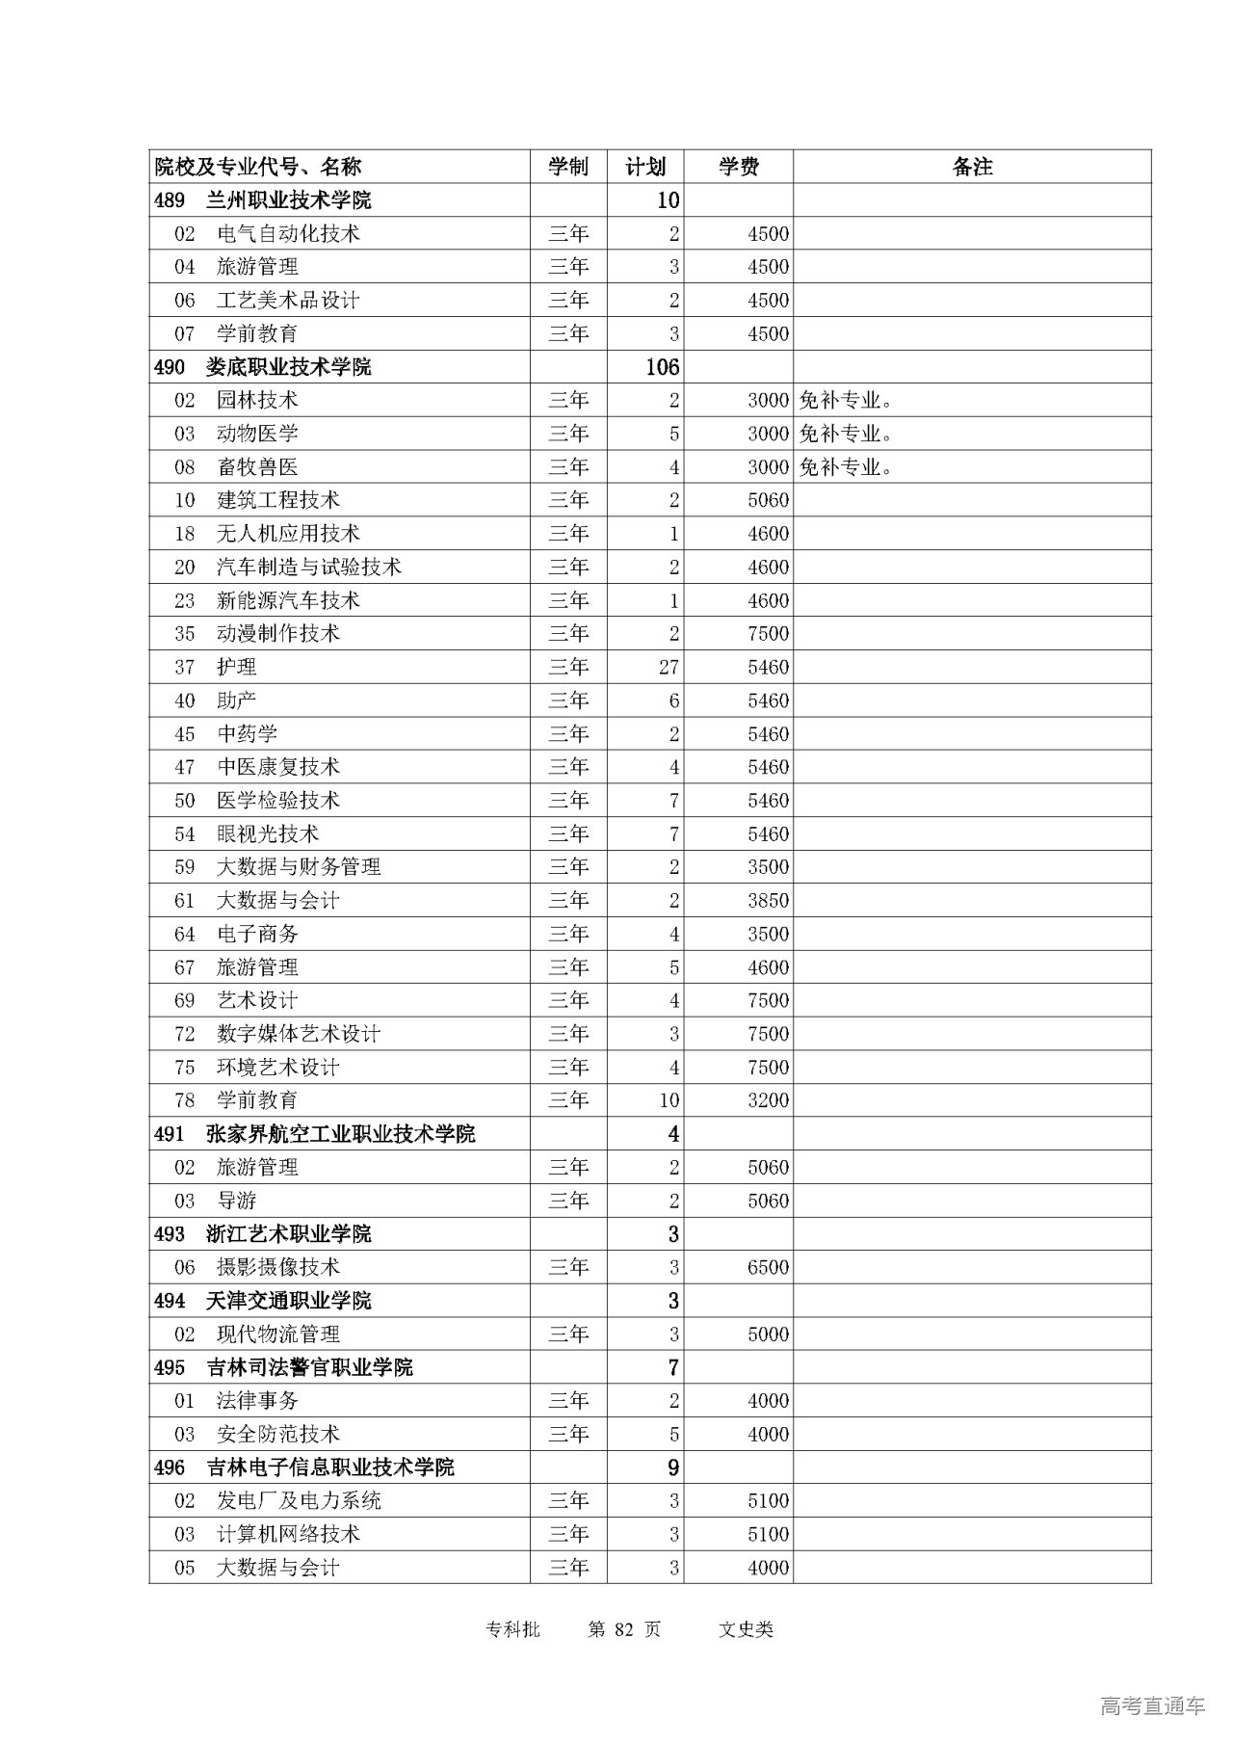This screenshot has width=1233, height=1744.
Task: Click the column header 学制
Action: [568, 167]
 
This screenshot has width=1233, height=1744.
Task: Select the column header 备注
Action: [972, 167]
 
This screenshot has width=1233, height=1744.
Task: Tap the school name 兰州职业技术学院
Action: [288, 200]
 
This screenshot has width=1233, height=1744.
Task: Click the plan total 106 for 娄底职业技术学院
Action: [663, 367]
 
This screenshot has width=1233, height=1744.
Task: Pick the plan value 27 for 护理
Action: [669, 667]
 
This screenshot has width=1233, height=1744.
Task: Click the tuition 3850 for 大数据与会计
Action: [768, 901]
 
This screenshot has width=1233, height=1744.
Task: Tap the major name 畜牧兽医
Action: [257, 467]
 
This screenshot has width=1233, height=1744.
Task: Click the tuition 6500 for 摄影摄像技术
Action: [768, 1268]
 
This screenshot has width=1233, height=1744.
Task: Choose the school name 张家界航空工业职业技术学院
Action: [340, 1134]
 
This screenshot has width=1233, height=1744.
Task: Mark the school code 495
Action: [169, 1367]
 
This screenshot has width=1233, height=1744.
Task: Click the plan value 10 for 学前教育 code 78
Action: [669, 1100]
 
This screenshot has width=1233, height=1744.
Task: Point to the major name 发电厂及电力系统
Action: [299, 1501]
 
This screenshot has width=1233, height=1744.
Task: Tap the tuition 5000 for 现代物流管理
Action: [768, 1334]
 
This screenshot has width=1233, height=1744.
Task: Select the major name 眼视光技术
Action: [268, 834]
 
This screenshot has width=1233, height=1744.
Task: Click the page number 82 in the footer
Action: [625, 1629]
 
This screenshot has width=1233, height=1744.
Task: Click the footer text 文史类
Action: [746, 1629]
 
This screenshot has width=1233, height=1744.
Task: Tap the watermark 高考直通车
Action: [1152, 1706]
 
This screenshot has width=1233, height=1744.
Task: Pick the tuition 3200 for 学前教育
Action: [768, 1100]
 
